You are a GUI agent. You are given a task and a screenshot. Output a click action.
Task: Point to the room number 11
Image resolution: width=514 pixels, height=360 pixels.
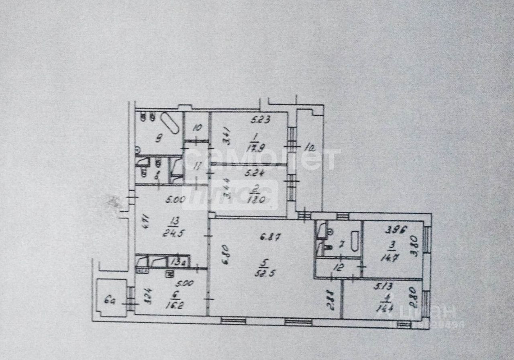pos(196,165)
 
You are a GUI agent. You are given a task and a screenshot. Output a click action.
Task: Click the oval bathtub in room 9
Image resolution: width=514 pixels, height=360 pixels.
pos(170,123)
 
